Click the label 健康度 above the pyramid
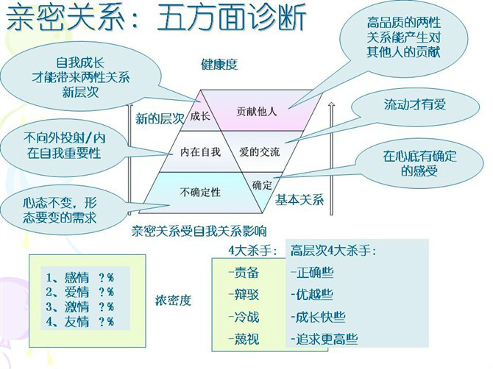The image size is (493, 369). [x=219, y=65]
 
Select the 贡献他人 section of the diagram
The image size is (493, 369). [x=257, y=111]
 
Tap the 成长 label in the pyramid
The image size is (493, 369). [x=200, y=117]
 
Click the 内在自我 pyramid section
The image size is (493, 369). [x=200, y=152]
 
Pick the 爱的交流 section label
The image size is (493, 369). [x=260, y=152]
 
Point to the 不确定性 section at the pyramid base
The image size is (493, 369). [x=200, y=192]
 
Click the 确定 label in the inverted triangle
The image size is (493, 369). [x=262, y=185]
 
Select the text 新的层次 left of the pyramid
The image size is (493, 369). [x=160, y=119]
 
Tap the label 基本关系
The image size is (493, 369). [x=299, y=200]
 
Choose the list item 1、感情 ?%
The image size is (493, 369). [x=80, y=278]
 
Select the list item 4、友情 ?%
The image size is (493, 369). [x=80, y=322]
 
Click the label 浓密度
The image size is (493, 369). [x=173, y=301]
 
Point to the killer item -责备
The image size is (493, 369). [x=244, y=272]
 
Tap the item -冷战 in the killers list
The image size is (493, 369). [x=244, y=318]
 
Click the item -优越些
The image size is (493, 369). [x=312, y=295]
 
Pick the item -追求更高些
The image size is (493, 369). [x=324, y=339]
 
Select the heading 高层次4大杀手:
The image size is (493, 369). [x=333, y=251]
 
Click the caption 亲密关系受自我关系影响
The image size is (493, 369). [x=199, y=232]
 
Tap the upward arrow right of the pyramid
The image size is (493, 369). [x=331, y=158]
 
